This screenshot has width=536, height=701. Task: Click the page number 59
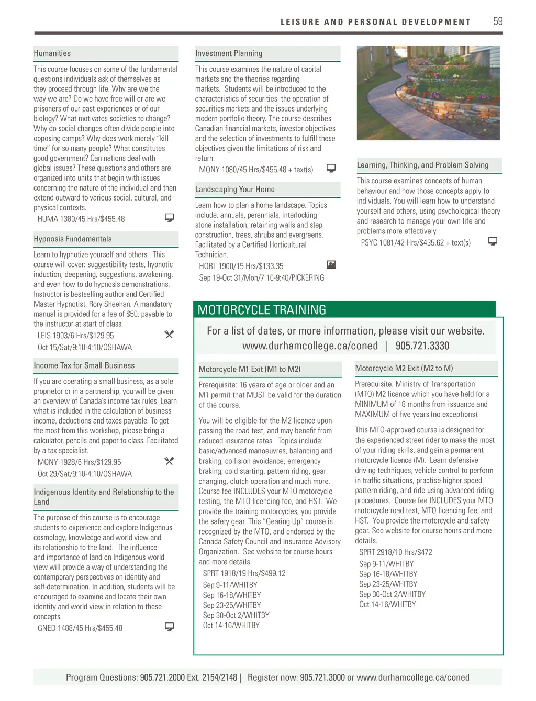pyautogui.click(x=497, y=21)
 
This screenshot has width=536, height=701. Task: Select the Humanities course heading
pyautogui.click(x=52, y=53)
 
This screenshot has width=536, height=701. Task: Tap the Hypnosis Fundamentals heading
pyautogui.click(x=73, y=239)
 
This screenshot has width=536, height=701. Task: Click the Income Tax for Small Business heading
pyautogui.click(x=84, y=365)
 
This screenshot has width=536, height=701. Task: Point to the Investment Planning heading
pyautogui.click(x=229, y=53)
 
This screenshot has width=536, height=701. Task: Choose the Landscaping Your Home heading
pyautogui.click(x=235, y=190)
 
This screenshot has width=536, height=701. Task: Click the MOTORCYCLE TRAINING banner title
pyautogui.click(x=262, y=310)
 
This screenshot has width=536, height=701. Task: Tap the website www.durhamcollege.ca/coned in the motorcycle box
pyautogui.click(x=310, y=346)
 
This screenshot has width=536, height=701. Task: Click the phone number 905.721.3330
pyautogui.click(x=422, y=346)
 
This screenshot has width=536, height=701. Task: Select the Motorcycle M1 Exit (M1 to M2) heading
pyautogui.click(x=250, y=369)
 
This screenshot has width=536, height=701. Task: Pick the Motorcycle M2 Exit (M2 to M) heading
pyautogui.click(x=404, y=368)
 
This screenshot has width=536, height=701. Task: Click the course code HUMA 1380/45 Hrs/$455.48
pyautogui.click(x=81, y=219)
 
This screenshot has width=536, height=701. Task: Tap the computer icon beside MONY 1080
pyautogui.click(x=331, y=168)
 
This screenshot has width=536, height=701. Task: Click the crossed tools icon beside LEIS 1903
pyautogui.click(x=169, y=334)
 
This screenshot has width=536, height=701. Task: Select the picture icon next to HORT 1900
pyautogui.click(x=331, y=265)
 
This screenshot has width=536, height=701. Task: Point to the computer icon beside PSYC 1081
pyautogui.click(x=493, y=241)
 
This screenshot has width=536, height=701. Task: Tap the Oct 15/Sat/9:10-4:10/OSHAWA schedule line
pyautogui.click(x=85, y=347)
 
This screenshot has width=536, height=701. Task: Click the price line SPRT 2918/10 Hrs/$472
pyautogui.click(x=396, y=552)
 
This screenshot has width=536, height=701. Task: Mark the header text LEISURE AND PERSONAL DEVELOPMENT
pyautogui.click(x=375, y=22)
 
